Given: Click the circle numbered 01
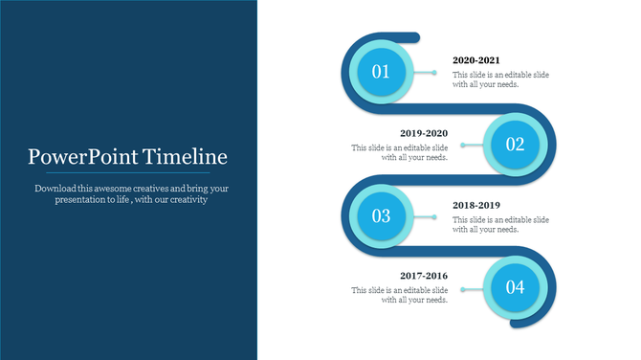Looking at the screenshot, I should [x=381, y=72].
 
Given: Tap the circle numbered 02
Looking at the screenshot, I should [x=516, y=145].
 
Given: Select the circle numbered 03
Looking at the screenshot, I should [x=381, y=216].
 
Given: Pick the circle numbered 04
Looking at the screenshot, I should [x=516, y=286].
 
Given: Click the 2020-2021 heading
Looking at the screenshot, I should [x=476, y=60].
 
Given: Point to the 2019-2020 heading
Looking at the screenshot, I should [x=423, y=133].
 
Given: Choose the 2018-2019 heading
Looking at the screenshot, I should [x=476, y=205].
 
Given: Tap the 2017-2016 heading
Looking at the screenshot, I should [x=423, y=276].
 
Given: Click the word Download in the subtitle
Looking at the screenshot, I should [x=56, y=189].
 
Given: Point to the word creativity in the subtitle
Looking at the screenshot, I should [x=186, y=200].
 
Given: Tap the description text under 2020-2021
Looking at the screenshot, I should [x=500, y=79].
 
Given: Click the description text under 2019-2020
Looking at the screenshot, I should [x=400, y=153].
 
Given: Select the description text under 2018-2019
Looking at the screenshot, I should [x=500, y=224].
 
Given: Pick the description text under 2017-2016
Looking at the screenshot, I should [x=400, y=295].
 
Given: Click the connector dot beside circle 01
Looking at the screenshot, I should [x=434, y=73].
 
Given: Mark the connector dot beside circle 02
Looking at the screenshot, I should [x=463, y=146].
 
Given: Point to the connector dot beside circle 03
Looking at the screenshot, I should [x=434, y=217].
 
